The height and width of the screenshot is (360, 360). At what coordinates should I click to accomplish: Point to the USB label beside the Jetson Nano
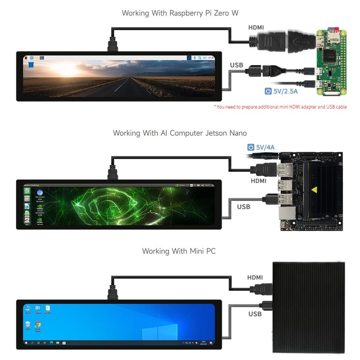[243, 207]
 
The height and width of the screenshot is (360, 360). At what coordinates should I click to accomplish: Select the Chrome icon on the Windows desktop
[38, 324]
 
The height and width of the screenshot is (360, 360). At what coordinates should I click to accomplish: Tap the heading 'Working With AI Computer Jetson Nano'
[180, 133]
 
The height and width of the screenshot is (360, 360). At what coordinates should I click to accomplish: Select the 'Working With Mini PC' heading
[179, 251]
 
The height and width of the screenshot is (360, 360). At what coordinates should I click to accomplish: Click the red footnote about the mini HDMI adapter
[280, 107]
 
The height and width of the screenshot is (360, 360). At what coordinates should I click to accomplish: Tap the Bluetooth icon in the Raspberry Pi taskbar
[194, 58]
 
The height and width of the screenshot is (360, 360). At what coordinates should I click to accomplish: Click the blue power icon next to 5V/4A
[251, 147]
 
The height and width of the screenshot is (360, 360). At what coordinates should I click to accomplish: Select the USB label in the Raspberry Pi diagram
[236, 65]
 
